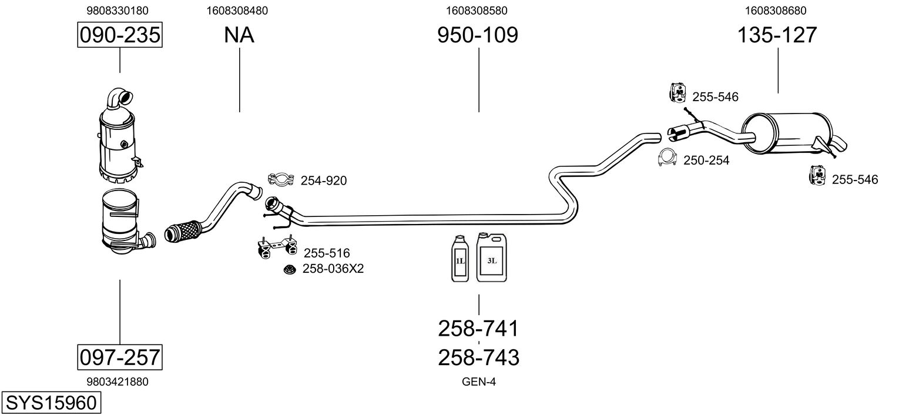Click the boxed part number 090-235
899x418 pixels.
click(120, 35)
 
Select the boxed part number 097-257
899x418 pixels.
click(120, 357)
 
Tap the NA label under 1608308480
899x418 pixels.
click(239, 35)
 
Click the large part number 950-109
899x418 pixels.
click(478, 35)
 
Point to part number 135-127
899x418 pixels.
click(777, 35)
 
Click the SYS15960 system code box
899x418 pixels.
click(51, 403)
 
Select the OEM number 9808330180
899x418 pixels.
click(118, 10)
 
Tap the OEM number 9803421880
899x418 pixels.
click(118, 382)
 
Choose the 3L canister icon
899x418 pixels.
click(491, 257)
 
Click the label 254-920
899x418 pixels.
click(323, 181)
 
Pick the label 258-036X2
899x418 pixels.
click(333, 269)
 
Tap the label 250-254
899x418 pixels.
click(706, 160)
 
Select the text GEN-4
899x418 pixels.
click(479, 382)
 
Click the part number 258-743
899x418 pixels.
click(479, 357)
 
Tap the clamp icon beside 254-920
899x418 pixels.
click(281, 179)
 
